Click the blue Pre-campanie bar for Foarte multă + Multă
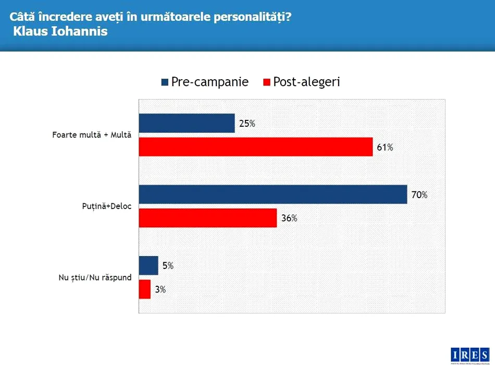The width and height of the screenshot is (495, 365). pos(187,123)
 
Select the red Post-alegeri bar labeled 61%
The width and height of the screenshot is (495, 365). pos(256,147)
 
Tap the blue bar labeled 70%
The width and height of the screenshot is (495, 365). pos(273,194)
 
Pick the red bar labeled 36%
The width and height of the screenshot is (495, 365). pos(208,218)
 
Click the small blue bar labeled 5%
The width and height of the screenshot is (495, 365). pos(148,265)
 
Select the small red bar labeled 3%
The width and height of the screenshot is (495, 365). pos(145,289)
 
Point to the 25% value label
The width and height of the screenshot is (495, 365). pos(247,124)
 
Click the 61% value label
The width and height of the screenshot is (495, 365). pos(385,148)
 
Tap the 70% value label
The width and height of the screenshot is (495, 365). pos(419,195)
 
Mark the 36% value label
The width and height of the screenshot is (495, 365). pos(289,218)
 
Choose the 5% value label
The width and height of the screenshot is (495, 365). pos(168,266)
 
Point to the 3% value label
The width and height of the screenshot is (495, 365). pos(160,290)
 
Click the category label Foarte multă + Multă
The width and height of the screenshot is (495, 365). pos(92,135)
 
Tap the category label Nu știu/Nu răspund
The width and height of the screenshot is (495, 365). pos(95,277)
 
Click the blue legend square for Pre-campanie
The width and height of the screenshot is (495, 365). pos(165,82)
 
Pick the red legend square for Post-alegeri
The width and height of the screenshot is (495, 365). pos(267,82)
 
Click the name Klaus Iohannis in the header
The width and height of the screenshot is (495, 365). pos(61,31)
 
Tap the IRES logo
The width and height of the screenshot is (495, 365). pos(470,353)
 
